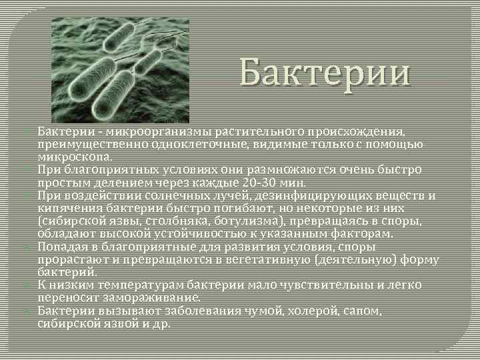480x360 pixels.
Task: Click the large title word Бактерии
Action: [x=325, y=73]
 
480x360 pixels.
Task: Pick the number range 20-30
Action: [x=244, y=182]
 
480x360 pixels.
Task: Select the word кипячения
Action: [x=69, y=208]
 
